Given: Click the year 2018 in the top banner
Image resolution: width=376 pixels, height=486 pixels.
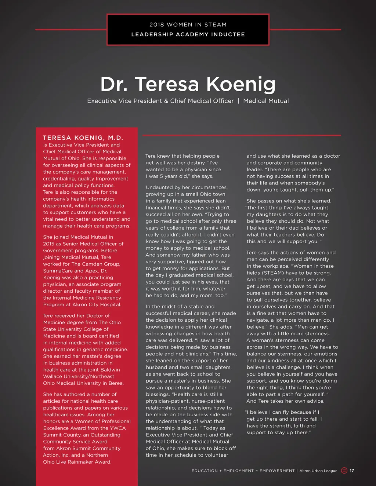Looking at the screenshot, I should coord(156,25).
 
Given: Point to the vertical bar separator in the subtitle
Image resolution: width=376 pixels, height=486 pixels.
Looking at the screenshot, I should coord(238,101).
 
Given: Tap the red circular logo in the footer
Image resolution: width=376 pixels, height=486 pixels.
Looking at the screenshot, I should coord(344,471).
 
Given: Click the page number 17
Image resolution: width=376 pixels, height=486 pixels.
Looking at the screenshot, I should coord(352,471).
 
